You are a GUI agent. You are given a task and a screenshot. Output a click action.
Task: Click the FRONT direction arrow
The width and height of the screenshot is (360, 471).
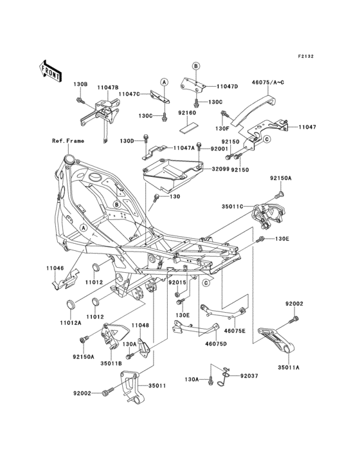(x=50, y=71)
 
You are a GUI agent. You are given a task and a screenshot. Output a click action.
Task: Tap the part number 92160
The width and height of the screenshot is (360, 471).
(x=187, y=113)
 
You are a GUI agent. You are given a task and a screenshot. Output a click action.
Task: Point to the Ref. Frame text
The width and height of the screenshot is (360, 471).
(x=68, y=141)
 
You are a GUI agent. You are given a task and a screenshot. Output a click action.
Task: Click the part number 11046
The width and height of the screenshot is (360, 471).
(x=55, y=268)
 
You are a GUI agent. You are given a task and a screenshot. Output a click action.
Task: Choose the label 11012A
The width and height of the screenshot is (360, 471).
(x=70, y=323)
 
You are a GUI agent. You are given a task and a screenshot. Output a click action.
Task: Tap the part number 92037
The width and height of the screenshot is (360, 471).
(x=249, y=376)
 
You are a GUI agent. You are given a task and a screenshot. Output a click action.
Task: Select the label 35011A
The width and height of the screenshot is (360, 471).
(x=289, y=367)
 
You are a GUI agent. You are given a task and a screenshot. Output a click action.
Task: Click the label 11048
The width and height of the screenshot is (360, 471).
(x=140, y=326)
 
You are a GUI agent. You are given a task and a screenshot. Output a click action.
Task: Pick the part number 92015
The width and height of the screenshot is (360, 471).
(x=177, y=282)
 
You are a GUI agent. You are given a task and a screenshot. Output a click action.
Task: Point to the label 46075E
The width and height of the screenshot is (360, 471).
(x=235, y=331)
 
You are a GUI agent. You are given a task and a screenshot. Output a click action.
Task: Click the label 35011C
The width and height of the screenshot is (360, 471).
(x=232, y=207)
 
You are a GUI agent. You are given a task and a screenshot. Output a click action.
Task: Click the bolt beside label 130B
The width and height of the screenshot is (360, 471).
(x=80, y=100)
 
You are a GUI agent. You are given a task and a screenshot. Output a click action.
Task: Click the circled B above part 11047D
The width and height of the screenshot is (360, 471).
(x=195, y=66)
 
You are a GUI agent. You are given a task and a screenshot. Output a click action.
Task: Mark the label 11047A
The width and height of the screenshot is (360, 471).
(x=184, y=148)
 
